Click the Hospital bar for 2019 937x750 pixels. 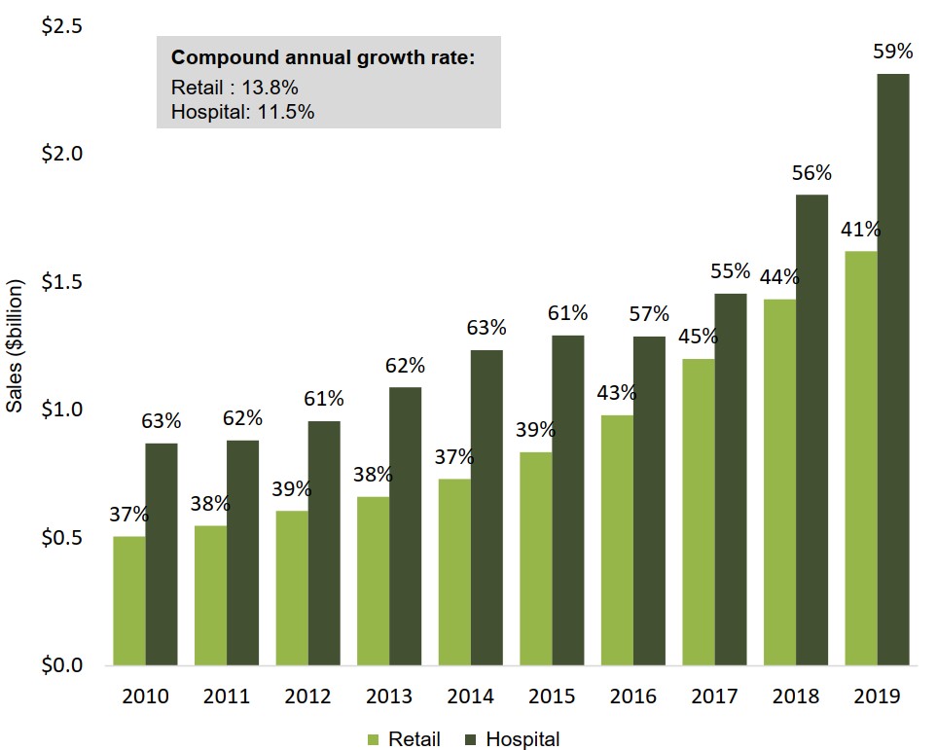point(893,370)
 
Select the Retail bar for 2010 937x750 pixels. point(129,601)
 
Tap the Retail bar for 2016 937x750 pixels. point(617,541)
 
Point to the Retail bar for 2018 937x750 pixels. point(779,482)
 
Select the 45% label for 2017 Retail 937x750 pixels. point(698,338)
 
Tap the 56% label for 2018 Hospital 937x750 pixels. point(811,173)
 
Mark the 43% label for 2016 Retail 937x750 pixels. point(617,393)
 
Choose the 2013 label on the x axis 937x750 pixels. point(389,696)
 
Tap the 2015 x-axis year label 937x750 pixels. point(552,696)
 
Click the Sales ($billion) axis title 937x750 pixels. point(16,347)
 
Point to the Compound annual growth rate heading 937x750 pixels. point(323,58)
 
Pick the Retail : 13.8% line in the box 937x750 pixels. point(234,86)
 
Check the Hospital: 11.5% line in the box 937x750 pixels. point(242,112)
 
